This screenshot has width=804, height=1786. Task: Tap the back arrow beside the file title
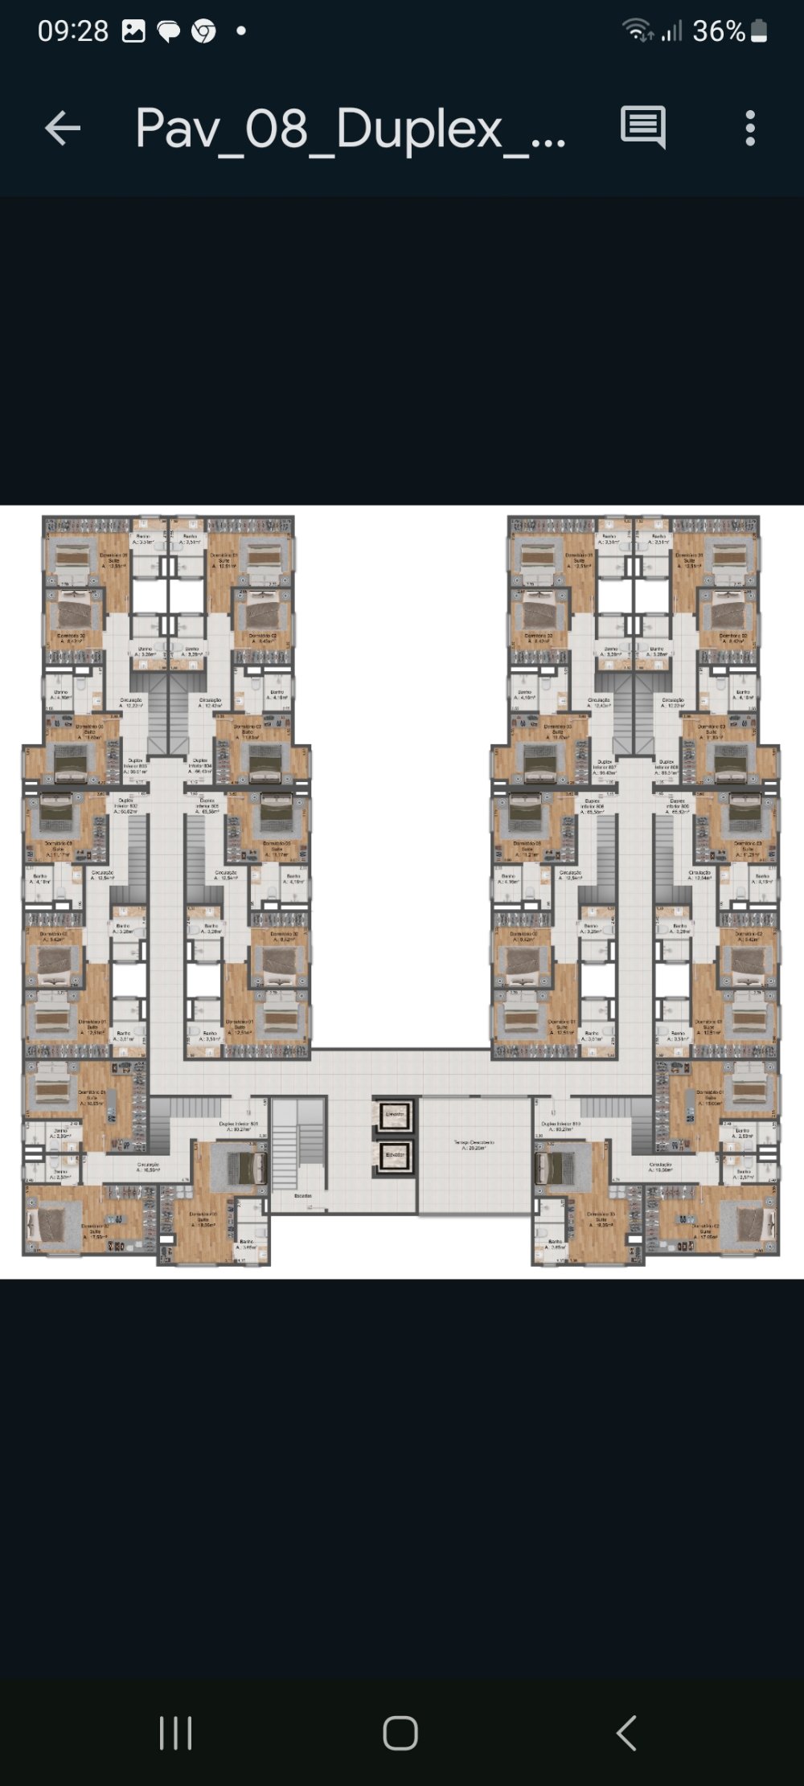[x=62, y=128]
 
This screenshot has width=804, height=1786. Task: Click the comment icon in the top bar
[x=642, y=127]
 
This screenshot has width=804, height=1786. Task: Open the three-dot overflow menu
[x=750, y=128]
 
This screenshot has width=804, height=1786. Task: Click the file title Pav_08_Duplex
[x=351, y=128]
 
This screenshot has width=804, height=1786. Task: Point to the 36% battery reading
[x=718, y=31]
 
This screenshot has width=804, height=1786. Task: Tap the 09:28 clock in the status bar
[x=73, y=31]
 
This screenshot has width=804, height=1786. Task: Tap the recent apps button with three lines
[x=175, y=1732]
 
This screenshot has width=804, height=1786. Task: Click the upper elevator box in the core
[x=395, y=1115]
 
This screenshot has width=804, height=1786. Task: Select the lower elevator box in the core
[x=395, y=1155]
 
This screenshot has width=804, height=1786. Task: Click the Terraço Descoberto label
[x=474, y=1145]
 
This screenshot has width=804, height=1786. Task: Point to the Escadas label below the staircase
[x=302, y=1195]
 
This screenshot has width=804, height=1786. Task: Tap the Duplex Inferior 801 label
[x=238, y=1126]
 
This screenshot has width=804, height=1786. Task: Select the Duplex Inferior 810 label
[x=561, y=1126]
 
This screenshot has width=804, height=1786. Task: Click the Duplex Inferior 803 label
[x=135, y=765]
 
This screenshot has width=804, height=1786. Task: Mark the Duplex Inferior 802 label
[x=126, y=805]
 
